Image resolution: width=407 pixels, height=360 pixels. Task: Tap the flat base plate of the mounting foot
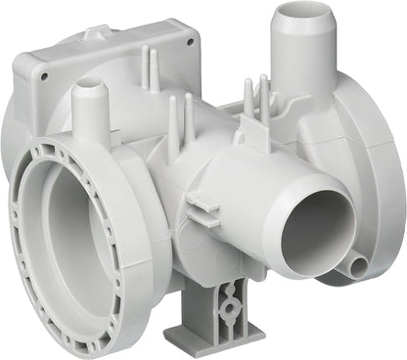coord(196,340)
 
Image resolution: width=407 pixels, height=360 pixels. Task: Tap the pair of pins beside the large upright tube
coord(255,98)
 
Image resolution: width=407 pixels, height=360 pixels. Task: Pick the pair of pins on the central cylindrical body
coord(181,122)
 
